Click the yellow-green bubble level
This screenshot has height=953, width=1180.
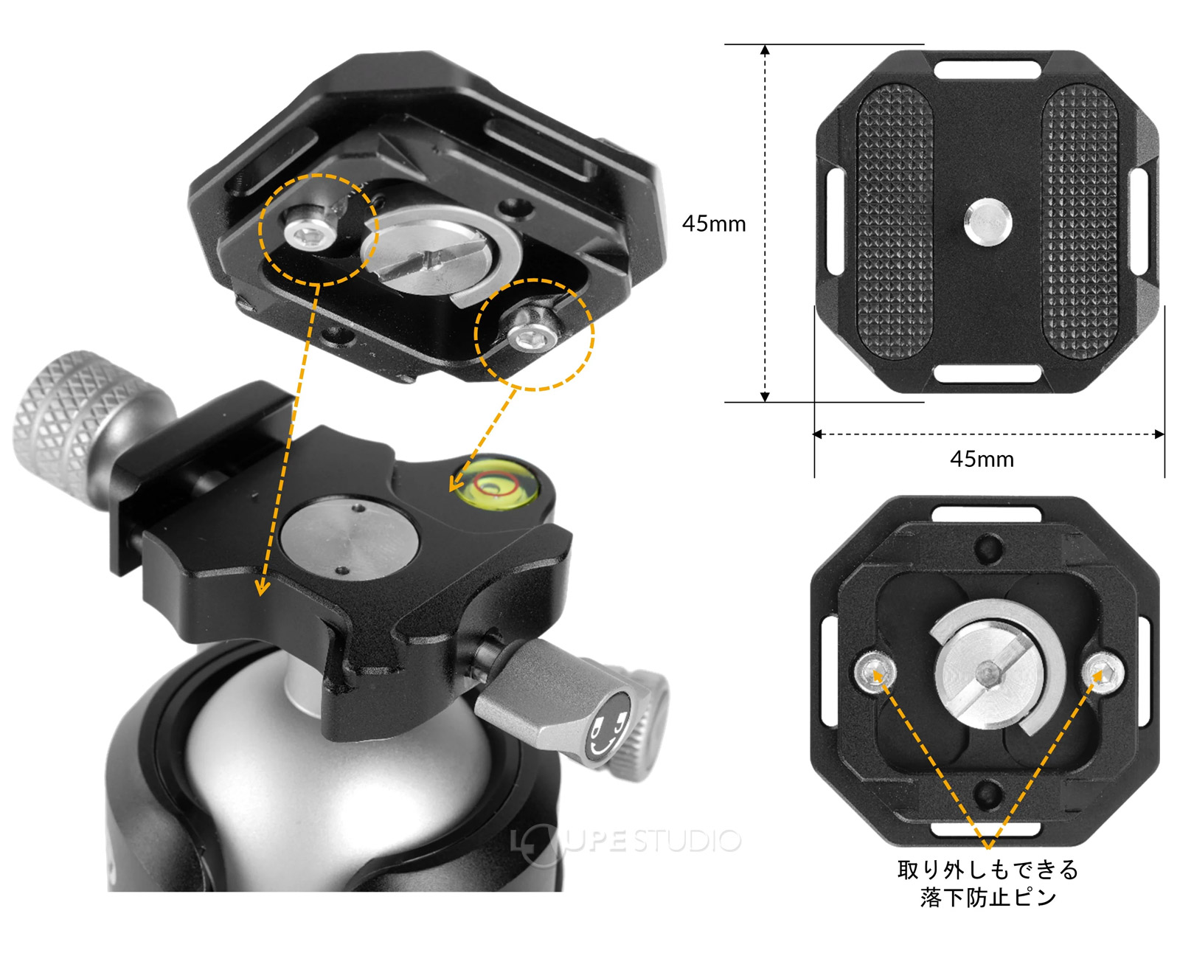(x=497, y=482)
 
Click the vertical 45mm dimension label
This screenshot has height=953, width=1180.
(x=714, y=223)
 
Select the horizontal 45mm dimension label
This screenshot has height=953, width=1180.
(x=982, y=460)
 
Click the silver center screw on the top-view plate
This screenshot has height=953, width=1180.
(x=988, y=221)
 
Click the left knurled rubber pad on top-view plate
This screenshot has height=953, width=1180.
(x=894, y=221)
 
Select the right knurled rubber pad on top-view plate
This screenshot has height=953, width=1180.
(x=1080, y=221)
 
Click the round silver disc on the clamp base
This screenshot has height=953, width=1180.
(x=350, y=538)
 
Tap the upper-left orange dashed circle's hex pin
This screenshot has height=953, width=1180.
(x=310, y=232)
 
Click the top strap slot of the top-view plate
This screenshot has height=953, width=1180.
(x=988, y=70)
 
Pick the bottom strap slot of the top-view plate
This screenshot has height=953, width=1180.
(x=988, y=373)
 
